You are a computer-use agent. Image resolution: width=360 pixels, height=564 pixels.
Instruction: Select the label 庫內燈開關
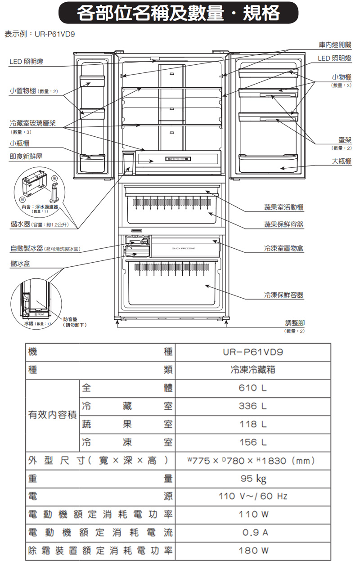click(x=334, y=45)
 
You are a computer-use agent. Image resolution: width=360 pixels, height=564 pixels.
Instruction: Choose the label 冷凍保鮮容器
click(x=283, y=295)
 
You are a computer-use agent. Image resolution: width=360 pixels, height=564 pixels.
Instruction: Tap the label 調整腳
click(x=295, y=323)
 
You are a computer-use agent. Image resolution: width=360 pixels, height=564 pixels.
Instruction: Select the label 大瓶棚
click(x=342, y=162)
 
